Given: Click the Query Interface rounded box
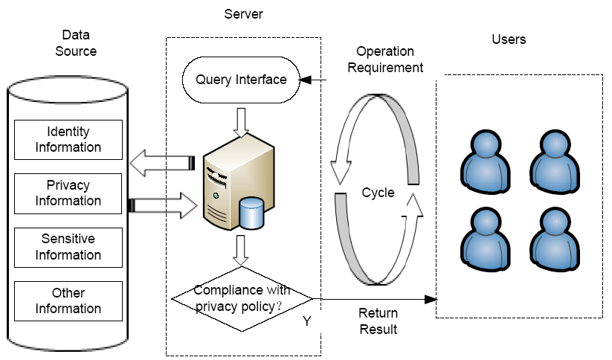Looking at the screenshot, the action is coord(241,80).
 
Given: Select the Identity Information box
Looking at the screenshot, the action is coord(68,140).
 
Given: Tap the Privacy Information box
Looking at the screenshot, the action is coord(68,193).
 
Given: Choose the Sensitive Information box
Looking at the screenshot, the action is coord(68,248).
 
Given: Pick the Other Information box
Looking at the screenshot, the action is coord(68,301).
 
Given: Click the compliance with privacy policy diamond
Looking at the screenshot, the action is coord(242,299).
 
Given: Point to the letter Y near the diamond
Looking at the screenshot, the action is coord(307,321).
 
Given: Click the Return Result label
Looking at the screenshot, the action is coord(379,321).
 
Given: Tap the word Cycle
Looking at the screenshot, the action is coord(378,193).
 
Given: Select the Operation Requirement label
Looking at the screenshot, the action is coord(385,60).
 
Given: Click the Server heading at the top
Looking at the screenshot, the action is coord(244,14).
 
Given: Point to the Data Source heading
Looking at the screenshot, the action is coord(76,43).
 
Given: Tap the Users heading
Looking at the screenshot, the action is coord(509,39).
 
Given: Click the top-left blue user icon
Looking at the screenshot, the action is coord(486,161).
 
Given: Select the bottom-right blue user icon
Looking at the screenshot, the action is coord(555,239).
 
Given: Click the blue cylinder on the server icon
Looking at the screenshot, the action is coord(252,213).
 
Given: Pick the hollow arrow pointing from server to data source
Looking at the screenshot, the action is coord(162,163).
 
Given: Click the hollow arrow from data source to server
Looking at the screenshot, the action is coord(163,205).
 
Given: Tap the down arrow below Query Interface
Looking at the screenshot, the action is coord(241,123).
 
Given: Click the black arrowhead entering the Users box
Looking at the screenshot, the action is coord(431,300).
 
